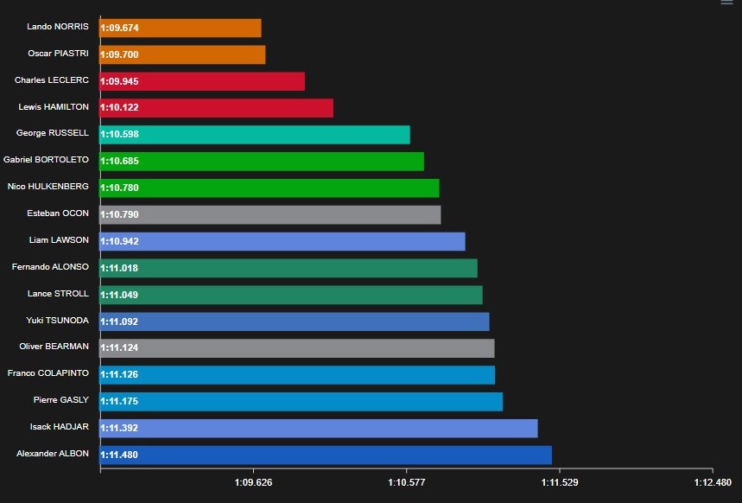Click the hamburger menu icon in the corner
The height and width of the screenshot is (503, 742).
pos(726,3)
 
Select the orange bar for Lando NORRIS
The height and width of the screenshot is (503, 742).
pos(181,28)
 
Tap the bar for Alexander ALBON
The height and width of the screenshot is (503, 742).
pos(326,455)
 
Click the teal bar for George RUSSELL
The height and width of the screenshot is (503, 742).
pos(255,135)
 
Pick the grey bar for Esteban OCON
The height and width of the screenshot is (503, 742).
pos(270,214)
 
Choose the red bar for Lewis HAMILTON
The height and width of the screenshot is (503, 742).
pos(217,108)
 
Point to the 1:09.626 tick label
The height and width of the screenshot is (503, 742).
pos(253,482)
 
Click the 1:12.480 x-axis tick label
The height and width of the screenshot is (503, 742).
pos(712,482)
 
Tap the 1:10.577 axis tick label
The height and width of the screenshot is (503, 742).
pos(406,482)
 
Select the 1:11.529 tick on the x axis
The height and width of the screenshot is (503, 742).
pos(559,482)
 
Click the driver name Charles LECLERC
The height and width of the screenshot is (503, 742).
pos(52,80)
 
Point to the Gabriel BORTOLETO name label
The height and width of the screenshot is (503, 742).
pos(47,160)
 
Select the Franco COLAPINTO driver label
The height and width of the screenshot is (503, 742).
pos(48,373)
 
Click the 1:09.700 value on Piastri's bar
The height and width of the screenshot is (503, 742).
pos(120,55)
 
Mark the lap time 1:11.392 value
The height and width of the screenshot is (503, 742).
pos(120,429)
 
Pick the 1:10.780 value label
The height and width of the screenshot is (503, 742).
pos(120,188)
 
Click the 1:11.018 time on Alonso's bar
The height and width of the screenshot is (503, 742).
pos(120,269)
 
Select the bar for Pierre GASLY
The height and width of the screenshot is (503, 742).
pos(301,402)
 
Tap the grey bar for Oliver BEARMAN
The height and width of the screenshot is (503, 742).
pos(297,348)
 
